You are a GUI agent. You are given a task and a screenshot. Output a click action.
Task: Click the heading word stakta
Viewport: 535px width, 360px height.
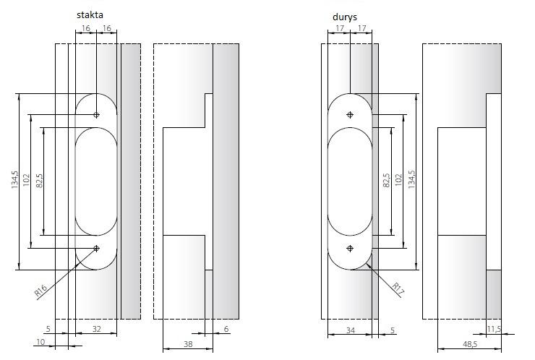[x=90, y=15]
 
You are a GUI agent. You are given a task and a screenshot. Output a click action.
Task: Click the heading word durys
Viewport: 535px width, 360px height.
[x=345, y=17]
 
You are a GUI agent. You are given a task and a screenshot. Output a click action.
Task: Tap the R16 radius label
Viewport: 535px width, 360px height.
[x=41, y=291]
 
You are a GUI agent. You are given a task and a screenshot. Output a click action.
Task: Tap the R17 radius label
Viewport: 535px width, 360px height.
[x=398, y=288]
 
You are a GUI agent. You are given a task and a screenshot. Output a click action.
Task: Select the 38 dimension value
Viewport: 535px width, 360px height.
[x=188, y=344]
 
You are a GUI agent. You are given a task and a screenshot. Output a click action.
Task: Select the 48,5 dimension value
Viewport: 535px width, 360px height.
[x=470, y=344]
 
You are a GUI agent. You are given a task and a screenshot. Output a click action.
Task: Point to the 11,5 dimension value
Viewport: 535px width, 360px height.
[x=494, y=329]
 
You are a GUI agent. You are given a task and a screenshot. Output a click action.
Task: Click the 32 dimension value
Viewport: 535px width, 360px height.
[x=97, y=329]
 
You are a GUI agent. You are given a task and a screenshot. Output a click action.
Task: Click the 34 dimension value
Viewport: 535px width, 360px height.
[x=351, y=330]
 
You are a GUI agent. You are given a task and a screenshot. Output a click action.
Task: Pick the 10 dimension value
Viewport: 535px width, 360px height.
[x=40, y=342]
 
